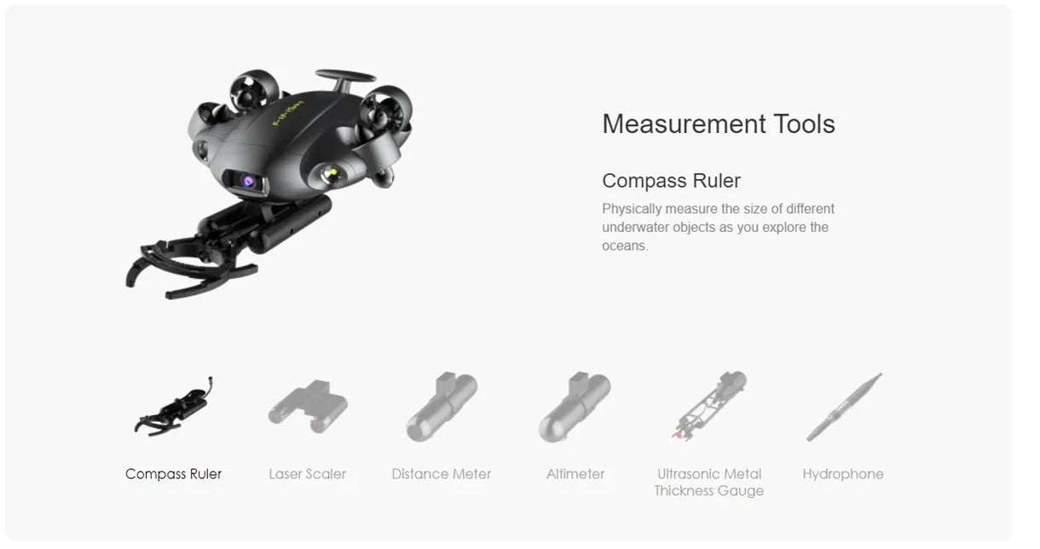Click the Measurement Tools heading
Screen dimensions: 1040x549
[719, 124]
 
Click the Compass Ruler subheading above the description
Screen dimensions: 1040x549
[672, 181]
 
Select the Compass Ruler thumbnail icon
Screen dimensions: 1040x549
[174, 407]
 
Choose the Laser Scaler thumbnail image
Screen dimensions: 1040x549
[308, 407]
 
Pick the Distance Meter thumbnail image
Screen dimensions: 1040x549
[442, 407]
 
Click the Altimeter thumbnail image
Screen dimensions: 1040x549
[575, 407]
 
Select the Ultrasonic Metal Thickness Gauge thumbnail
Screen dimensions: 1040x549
[709, 406]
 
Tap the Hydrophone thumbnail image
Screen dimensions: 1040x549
[844, 407]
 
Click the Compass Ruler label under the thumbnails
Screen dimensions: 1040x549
[173, 474]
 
